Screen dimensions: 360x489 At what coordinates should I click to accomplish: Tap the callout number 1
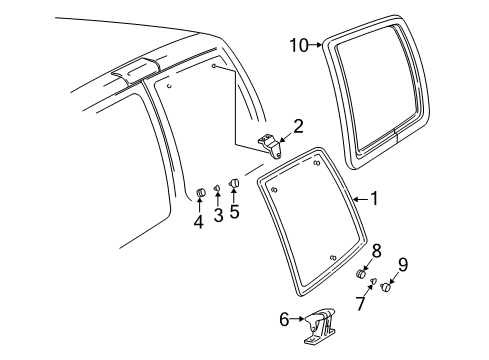(374, 199)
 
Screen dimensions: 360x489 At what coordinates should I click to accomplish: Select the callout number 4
(199, 221)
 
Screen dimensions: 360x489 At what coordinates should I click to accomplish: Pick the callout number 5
(235, 211)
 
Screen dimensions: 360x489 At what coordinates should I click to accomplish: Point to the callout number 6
(283, 319)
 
